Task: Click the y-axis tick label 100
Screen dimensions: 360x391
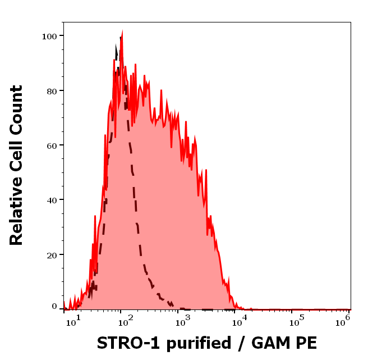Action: [x=49, y=36]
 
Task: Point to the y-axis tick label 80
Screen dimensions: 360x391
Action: [x=52, y=90]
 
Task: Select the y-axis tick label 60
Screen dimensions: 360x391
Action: [x=52, y=145]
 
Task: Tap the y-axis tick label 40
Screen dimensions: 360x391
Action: [x=52, y=200]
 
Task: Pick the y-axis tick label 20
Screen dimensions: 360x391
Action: [x=52, y=255]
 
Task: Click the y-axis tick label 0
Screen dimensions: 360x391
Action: [x=54, y=307]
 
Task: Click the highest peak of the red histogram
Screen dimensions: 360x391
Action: [x=122, y=32]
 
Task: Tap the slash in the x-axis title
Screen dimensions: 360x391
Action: [x=240, y=343]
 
